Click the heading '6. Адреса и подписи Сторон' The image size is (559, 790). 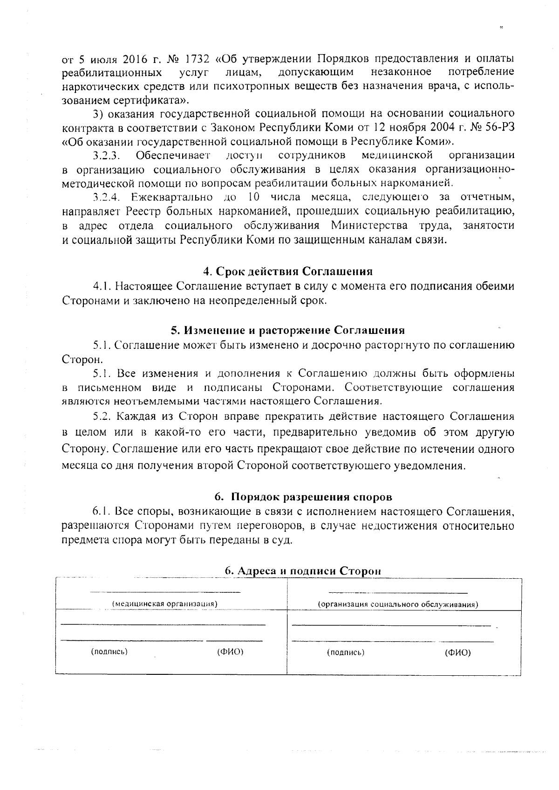pyautogui.click(x=303, y=571)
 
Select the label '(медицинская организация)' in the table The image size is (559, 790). pyautogui.click(x=165, y=603)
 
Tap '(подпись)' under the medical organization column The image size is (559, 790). pyautogui.click(x=109, y=652)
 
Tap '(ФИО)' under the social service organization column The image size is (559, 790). pyautogui.click(x=457, y=652)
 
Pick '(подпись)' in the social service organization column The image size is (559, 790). pyautogui.click(x=345, y=652)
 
